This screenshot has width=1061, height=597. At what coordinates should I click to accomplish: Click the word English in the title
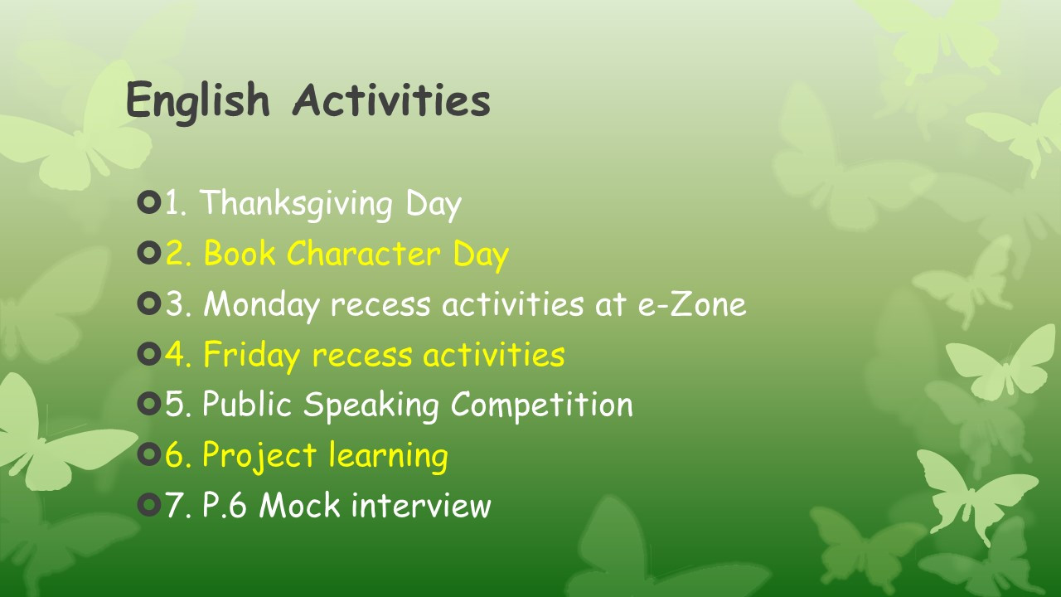[x=198, y=101]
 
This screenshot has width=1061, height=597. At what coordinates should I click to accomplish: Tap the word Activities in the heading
[x=392, y=99]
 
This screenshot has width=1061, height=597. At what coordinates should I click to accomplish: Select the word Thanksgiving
[x=297, y=204]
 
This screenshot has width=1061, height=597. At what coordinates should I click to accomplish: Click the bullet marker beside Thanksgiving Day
[x=149, y=202]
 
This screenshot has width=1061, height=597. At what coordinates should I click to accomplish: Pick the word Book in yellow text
[x=240, y=253]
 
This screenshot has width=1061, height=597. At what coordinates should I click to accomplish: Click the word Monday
[x=261, y=305]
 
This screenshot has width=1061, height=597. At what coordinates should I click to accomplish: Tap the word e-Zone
[x=692, y=304]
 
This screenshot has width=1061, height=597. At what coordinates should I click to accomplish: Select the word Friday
[x=251, y=356]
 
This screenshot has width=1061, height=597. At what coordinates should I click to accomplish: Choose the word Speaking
[x=371, y=405]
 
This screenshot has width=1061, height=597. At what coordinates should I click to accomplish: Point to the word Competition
[x=542, y=405]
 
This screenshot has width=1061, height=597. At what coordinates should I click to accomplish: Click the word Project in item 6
[x=259, y=456]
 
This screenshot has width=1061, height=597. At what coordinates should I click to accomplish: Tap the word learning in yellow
[x=388, y=456]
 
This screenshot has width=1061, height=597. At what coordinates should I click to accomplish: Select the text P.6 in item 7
[x=225, y=505]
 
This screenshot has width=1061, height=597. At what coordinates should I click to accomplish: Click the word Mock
[x=299, y=505]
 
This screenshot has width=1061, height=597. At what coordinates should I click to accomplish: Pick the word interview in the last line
[x=421, y=505]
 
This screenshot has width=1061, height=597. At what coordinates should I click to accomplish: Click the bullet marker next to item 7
[x=149, y=505]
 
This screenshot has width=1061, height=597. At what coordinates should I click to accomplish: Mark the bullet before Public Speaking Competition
[x=149, y=404]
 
